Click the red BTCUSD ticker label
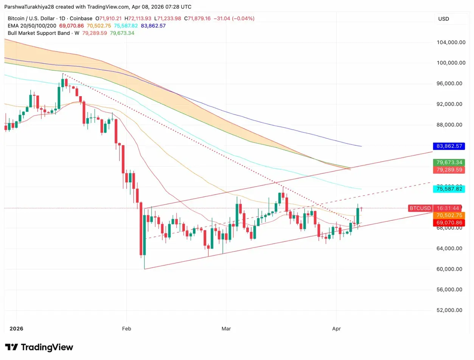click(420, 208)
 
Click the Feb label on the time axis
click(127, 329)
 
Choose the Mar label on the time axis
click(226, 329)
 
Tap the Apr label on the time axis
click(336, 329)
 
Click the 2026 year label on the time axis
click(16, 329)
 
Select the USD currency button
click(444, 19)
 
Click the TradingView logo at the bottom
click(39, 347)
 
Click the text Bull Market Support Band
click(39, 33)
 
